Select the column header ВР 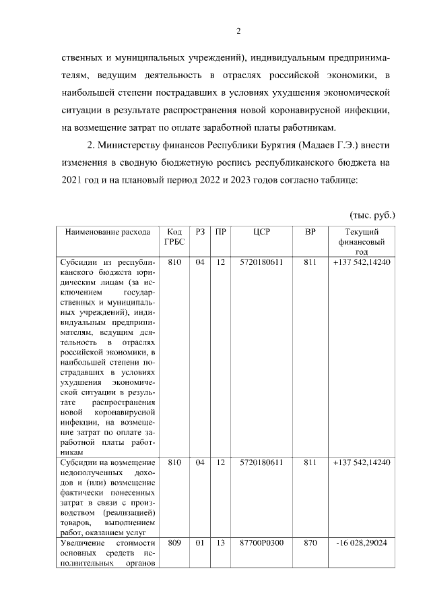click(x=310, y=232)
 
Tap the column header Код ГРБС click(x=174, y=237)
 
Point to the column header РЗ click(x=199, y=232)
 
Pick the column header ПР click(x=220, y=232)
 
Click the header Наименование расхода click(x=108, y=232)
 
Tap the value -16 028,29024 click(x=361, y=543)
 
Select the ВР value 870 click(x=310, y=543)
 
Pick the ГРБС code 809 click(x=174, y=543)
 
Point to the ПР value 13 click(x=220, y=543)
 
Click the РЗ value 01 click(x=199, y=543)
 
